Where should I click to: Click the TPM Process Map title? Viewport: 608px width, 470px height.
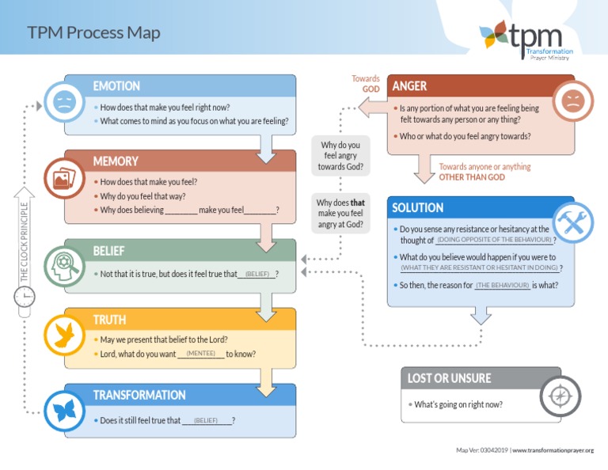(x=93, y=32)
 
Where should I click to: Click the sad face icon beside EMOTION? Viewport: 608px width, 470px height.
(x=63, y=101)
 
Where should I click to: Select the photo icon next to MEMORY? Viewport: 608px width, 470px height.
(x=63, y=177)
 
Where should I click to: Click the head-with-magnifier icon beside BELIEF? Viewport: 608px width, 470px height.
(x=63, y=263)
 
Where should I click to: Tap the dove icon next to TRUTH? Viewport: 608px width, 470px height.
(x=63, y=333)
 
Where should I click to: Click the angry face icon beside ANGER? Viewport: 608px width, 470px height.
(x=572, y=101)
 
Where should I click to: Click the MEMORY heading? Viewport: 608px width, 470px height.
(x=116, y=161)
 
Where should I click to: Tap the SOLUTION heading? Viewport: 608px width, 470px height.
(x=418, y=208)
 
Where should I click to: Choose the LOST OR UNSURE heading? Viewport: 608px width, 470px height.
(x=449, y=378)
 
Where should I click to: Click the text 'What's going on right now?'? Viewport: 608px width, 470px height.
(x=458, y=404)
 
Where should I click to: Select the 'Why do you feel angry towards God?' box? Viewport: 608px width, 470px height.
(x=340, y=156)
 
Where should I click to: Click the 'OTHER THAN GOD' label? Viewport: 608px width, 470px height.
(x=472, y=177)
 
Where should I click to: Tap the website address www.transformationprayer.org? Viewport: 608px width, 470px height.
(x=553, y=450)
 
